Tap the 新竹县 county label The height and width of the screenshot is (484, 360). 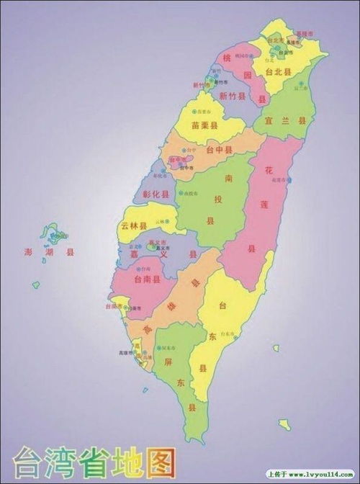tap(232, 96)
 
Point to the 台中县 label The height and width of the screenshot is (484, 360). tap(219, 151)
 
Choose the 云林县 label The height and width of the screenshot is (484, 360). tap(134, 225)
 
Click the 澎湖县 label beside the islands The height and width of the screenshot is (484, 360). tap(49, 253)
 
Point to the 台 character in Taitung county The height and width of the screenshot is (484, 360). tap(223, 306)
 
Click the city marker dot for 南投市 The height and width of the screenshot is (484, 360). tap(183, 194)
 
